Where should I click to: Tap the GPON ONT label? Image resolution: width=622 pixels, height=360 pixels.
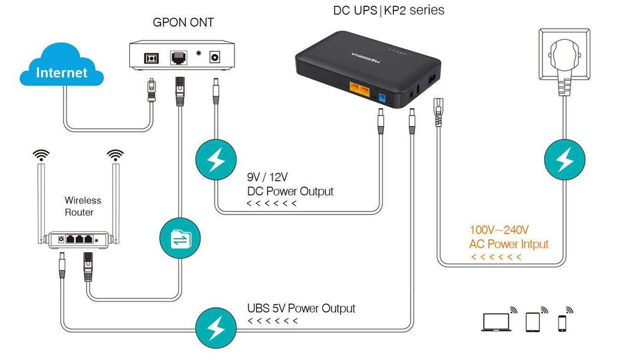[x=183, y=22]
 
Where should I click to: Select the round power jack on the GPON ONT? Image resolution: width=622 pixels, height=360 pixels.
[x=216, y=57]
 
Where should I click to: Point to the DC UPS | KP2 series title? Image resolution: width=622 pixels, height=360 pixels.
[x=389, y=10]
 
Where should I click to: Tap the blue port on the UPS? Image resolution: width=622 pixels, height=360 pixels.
[x=382, y=97]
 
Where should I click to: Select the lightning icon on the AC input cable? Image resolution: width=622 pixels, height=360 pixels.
[x=565, y=160]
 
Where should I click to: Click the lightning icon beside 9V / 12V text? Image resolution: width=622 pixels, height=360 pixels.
[x=216, y=160]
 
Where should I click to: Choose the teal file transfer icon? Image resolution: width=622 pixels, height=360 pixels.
[x=180, y=238]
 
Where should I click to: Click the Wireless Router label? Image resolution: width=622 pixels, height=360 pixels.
[x=83, y=206]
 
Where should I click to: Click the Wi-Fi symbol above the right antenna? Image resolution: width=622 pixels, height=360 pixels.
[x=114, y=154]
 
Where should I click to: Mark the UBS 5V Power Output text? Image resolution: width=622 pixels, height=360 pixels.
[x=301, y=308]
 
